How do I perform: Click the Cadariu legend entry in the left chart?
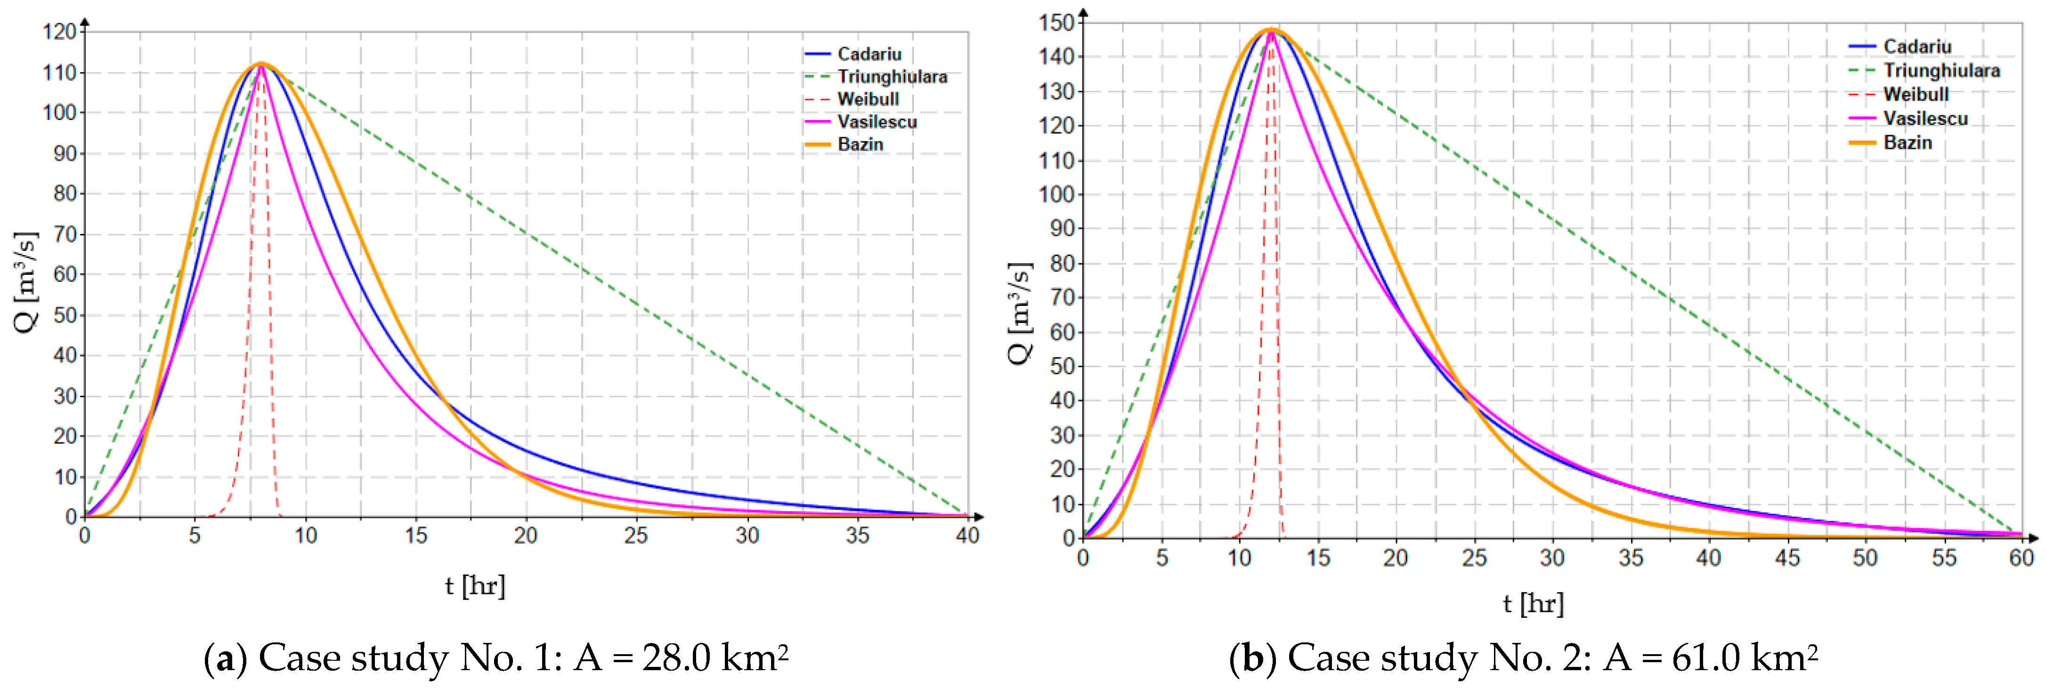(x=869, y=54)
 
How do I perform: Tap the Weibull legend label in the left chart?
(x=868, y=99)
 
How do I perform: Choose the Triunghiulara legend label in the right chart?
(x=1941, y=71)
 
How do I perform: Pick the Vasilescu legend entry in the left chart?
(x=877, y=121)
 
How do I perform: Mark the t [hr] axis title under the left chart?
(x=475, y=586)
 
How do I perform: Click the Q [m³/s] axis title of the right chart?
(x=1020, y=313)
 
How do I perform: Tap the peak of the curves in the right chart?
(x=1271, y=30)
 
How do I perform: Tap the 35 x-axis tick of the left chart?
(x=857, y=536)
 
